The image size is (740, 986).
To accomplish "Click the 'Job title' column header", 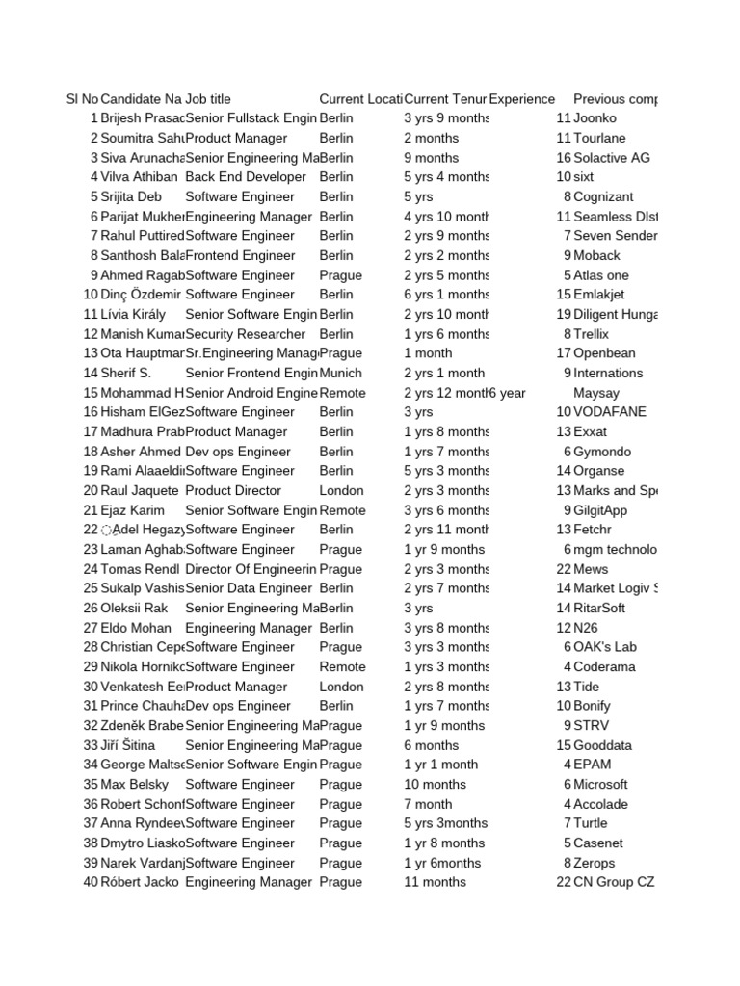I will (x=208, y=99).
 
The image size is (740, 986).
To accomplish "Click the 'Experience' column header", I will (x=522, y=99).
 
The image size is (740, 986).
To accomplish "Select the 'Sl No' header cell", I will (x=82, y=99).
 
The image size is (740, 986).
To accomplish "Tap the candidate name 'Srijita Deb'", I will (x=131, y=196).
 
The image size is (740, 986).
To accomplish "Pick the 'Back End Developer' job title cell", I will (x=246, y=177).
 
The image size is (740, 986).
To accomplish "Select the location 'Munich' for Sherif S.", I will (x=341, y=373).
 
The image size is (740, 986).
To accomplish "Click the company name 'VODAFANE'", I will (x=610, y=412).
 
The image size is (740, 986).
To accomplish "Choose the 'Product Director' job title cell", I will (x=233, y=490).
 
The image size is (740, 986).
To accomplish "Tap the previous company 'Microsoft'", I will (x=600, y=785).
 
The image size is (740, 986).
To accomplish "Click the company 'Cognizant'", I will (x=603, y=196).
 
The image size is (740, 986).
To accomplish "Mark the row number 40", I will (x=91, y=882).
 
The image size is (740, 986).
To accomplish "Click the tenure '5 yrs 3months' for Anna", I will (x=446, y=823).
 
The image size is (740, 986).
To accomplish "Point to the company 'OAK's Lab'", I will (x=605, y=647).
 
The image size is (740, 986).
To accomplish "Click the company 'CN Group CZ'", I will (x=614, y=882).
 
